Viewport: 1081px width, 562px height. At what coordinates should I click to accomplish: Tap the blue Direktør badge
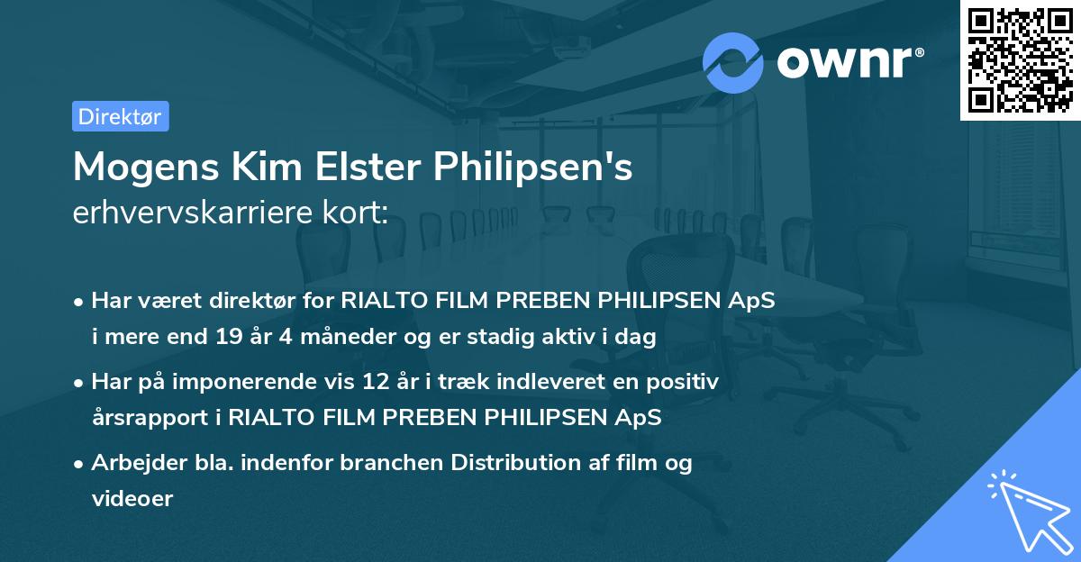click(120, 116)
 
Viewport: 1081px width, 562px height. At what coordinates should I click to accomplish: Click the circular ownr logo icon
click(732, 63)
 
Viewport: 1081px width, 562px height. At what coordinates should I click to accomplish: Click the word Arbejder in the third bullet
click(130, 463)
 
